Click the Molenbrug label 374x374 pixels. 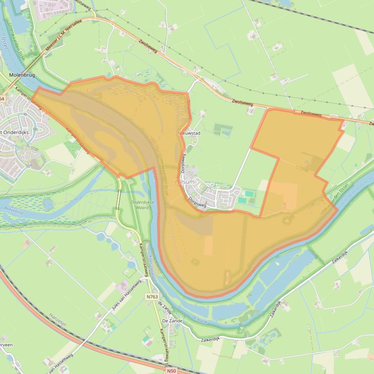point(22,75)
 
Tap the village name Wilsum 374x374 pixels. point(184,182)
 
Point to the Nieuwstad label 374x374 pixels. point(190,133)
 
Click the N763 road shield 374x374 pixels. point(152,296)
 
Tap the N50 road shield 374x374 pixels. point(171,371)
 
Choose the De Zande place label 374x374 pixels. point(172,321)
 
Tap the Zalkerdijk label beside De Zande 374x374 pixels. point(214,340)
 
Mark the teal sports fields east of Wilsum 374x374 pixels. point(246,197)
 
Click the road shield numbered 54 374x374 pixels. point(1,99)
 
